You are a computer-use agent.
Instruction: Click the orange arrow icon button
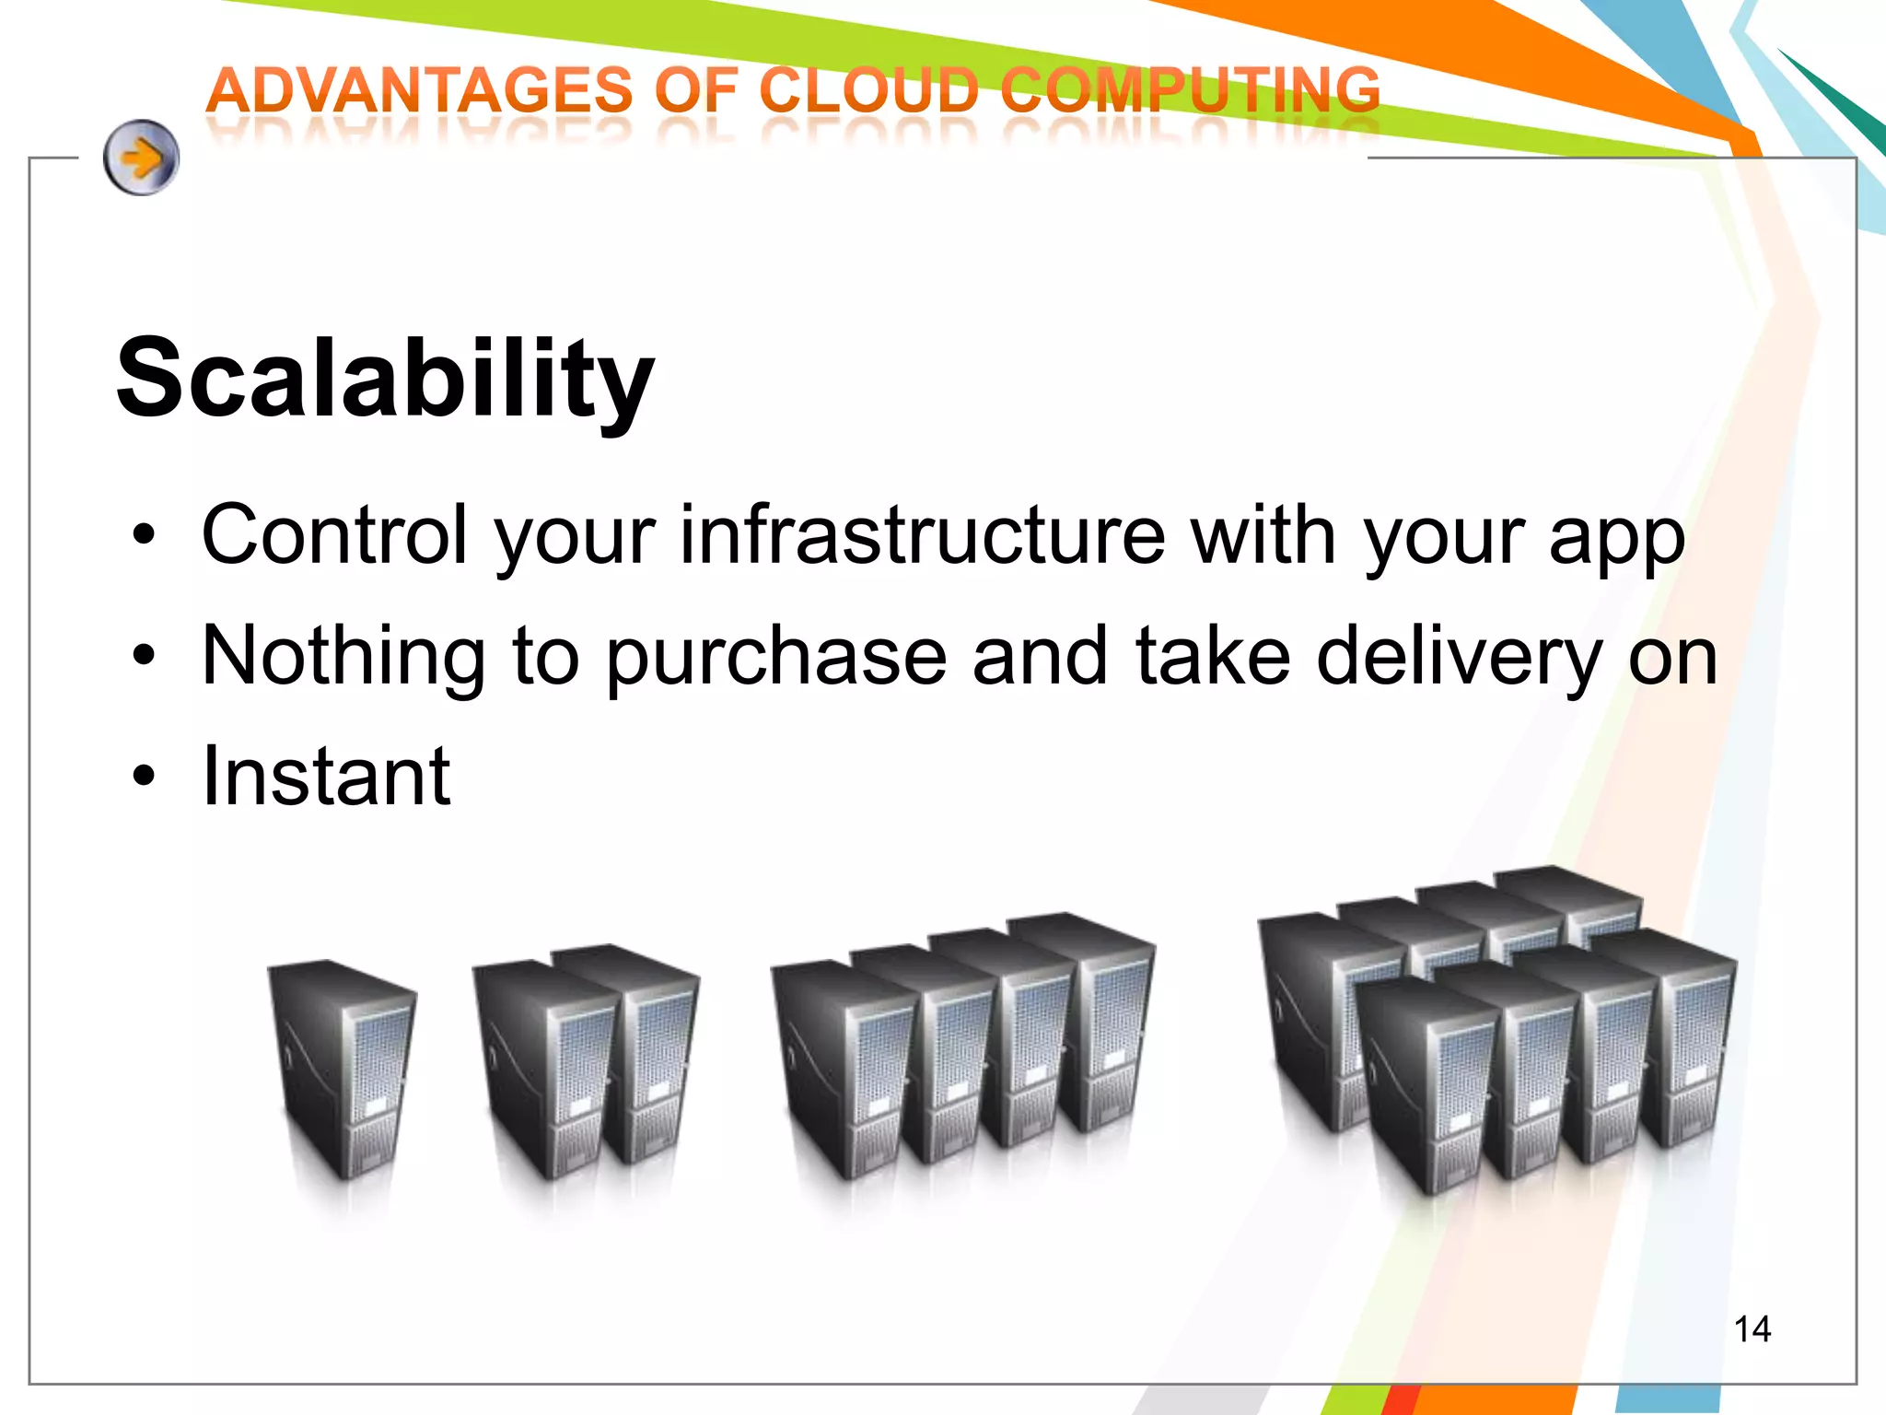141,158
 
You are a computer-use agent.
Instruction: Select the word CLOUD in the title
868,91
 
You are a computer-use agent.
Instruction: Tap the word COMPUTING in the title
1190,91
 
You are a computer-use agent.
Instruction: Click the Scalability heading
385,378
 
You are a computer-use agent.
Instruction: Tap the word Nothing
343,656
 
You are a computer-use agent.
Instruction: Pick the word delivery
1460,658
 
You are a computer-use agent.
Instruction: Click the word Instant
326,777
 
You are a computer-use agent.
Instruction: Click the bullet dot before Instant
143,776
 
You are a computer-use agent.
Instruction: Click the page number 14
1752,1329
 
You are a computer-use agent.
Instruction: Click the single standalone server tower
341,1069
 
